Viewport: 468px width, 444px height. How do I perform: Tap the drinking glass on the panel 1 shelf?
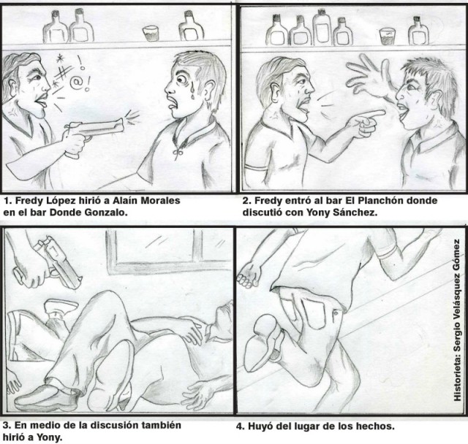point(150,34)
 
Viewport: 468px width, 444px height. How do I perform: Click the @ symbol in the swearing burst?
point(75,83)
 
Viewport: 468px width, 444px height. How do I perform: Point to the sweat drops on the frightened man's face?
point(192,89)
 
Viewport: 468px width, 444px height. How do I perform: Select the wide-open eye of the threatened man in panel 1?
point(181,80)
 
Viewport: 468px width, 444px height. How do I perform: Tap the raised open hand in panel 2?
point(370,78)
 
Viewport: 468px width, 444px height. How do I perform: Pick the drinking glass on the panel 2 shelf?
point(387,37)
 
